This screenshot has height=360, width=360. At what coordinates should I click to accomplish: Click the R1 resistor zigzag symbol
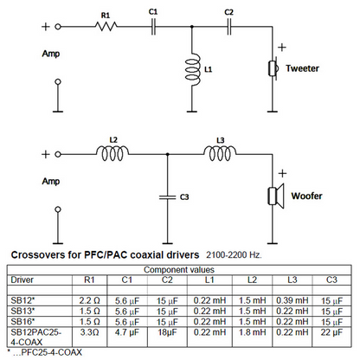(106, 27)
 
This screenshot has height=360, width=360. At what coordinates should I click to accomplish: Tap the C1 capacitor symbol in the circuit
(153, 27)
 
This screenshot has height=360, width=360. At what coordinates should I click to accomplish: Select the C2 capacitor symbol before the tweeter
(229, 27)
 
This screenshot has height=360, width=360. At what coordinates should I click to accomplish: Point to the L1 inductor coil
(193, 69)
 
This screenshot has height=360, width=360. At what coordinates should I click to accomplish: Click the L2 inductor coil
(112, 153)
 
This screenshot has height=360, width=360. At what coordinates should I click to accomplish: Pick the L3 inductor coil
(220, 153)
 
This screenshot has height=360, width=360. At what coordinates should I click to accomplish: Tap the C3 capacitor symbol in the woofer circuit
(167, 197)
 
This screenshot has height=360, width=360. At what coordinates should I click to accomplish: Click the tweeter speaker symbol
(273, 68)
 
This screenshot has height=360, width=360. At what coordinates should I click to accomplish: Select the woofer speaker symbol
(276, 196)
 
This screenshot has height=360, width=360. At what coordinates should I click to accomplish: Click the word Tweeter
(302, 68)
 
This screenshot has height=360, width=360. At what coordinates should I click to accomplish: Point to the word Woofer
(306, 196)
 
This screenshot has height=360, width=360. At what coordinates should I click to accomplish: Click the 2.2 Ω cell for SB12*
(89, 300)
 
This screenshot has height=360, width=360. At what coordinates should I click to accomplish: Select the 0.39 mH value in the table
(292, 300)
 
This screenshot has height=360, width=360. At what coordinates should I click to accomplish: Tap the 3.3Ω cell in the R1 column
(89, 332)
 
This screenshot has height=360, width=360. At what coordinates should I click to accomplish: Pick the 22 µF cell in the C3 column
(331, 332)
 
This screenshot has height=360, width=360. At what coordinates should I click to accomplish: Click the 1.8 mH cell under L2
(253, 332)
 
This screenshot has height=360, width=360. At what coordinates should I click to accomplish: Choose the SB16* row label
(22, 321)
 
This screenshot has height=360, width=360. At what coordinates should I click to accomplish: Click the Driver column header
(22, 280)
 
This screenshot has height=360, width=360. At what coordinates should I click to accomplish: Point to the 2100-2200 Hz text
(234, 255)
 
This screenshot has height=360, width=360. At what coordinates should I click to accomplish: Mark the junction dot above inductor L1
(192, 27)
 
